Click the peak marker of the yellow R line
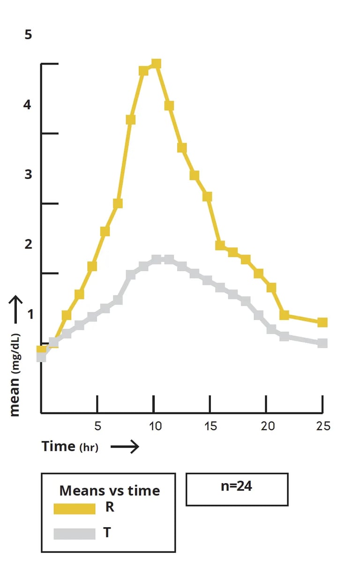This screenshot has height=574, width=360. click(x=157, y=64)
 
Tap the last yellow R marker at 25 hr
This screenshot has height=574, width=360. click(x=322, y=322)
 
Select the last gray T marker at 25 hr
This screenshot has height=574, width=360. click(x=322, y=343)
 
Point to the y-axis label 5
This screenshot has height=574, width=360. click(x=29, y=35)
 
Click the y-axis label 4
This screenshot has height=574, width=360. click(x=27, y=105)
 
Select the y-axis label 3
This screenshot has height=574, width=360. click(x=28, y=174)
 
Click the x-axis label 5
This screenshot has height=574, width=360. click(x=97, y=426)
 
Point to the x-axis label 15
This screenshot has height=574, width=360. click(x=210, y=426)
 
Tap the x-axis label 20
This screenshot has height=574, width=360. click(x=267, y=426)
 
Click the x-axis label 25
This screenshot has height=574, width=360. click(x=323, y=426)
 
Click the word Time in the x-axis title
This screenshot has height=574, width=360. click(x=58, y=446)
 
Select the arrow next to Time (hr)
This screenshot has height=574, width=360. click(x=125, y=447)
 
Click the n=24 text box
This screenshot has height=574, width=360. click(x=237, y=489)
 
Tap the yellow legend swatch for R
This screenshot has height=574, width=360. click(x=75, y=509)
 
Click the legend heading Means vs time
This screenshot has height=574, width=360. click(x=110, y=491)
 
